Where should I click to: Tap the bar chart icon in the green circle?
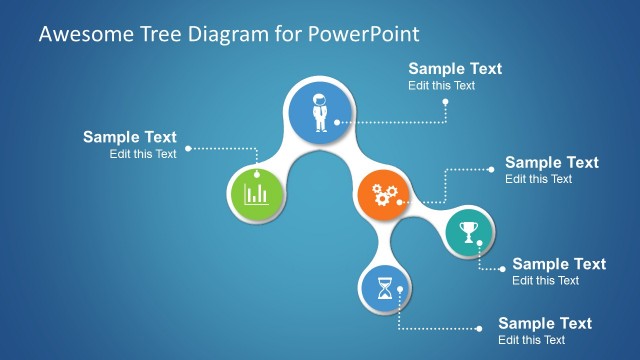click(255, 192)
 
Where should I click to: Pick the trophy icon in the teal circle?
click(468, 234)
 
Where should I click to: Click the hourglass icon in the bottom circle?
click(385, 289)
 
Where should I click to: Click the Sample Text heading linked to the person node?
click(455, 69)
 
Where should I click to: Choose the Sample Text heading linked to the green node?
click(130, 138)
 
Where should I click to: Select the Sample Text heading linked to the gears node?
click(552, 162)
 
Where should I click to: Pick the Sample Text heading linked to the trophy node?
click(559, 264)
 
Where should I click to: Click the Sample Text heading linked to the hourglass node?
click(545, 323)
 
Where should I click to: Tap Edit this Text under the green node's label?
click(143, 154)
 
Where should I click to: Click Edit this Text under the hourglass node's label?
click(531, 340)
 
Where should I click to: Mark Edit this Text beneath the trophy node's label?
click(545, 281)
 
